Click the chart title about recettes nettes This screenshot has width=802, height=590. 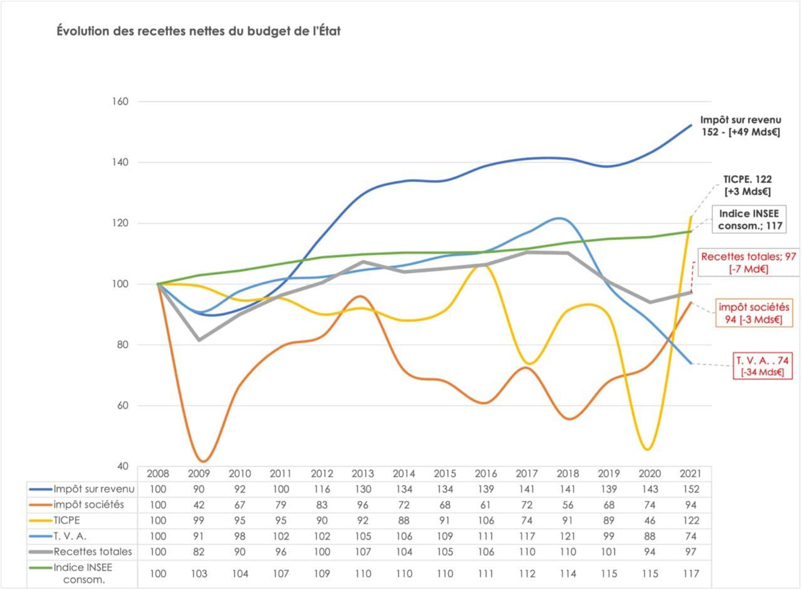click(x=198, y=31)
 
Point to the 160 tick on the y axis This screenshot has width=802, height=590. click(x=120, y=101)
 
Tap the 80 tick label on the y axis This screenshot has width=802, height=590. click(x=122, y=345)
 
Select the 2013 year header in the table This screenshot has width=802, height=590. click(x=363, y=473)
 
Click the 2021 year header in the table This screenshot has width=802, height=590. click(x=690, y=473)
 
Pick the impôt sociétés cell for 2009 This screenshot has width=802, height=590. click(x=199, y=505)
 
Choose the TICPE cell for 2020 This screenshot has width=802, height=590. click(x=650, y=520)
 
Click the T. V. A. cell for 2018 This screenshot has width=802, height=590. click(x=568, y=536)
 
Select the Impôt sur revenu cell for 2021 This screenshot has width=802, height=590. click(x=691, y=489)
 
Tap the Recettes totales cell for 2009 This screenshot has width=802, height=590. click(x=199, y=552)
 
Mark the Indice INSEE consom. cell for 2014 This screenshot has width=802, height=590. click(x=404, y=574)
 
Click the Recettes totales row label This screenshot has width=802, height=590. click(x=93, y=552)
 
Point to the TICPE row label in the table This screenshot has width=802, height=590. click(x=67, y=520)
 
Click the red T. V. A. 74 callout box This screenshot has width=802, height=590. click(x=762, y=366)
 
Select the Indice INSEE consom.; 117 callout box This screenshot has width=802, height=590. click(x=749, y=219)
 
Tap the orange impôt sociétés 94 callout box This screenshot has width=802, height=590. click(x=754, y=313)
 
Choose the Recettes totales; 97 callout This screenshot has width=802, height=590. click(x=748, y=262)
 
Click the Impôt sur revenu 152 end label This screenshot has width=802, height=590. click(x=740, y=126)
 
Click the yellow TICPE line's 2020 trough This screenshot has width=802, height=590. click(x=648, y=449)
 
